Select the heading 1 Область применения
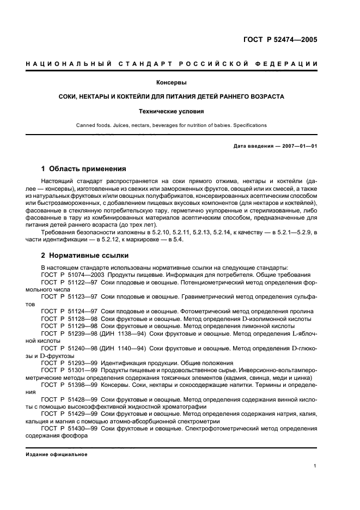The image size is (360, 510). (84, 169)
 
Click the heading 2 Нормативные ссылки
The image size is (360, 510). (83, 255)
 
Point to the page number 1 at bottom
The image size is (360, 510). (315, 465)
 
